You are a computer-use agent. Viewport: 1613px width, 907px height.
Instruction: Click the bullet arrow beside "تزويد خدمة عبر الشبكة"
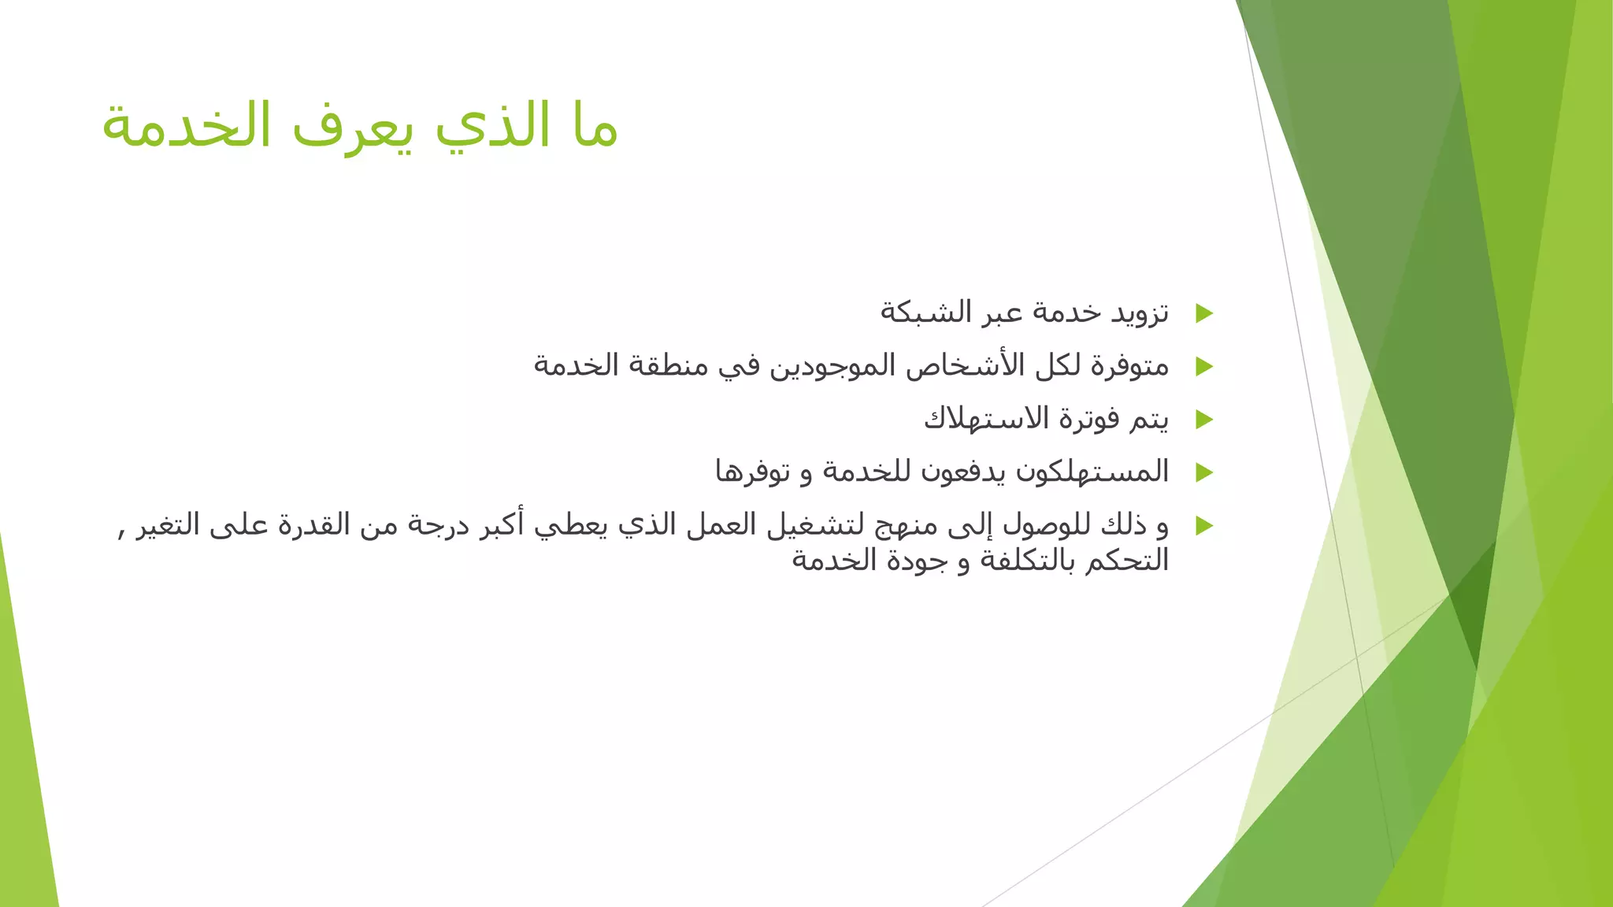point(1203,313)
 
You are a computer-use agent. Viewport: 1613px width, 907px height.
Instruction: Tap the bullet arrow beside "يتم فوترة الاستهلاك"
point(1203,419)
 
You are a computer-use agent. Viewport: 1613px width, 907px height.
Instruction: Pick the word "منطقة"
point(669,365)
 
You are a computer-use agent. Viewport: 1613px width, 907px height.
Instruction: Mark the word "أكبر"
point(504,524)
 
